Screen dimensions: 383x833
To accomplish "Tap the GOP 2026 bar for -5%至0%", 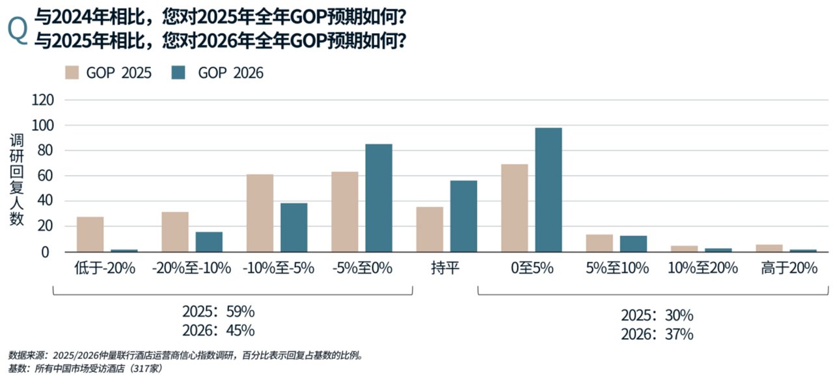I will pyautogui.click(x=379, y=198).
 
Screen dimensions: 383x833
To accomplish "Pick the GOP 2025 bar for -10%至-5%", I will pyautogui.click(x=260, y=213).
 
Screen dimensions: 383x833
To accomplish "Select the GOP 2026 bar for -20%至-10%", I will pyautogui.click(x=209, y=242).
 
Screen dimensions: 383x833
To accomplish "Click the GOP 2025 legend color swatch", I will pyautogui.click(x=72, y=72).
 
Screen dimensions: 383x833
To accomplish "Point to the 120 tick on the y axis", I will pyautogui.click(x=42, y=100).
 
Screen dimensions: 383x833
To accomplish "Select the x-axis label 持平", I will pyautogui.click(x=446, y=268).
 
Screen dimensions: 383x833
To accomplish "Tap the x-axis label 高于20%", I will pyautogui.click(x=789, y=268).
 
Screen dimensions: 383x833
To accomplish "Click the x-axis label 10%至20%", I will pyautogui.click(x=703, y=268).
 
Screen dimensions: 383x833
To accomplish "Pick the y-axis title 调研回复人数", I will pyautogui.click(x=17, y=179).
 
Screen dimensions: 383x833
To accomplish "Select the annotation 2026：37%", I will pyautogui.click(x=657, y=335).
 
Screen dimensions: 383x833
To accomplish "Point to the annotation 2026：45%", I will pyautogui.click(x=218, y=330).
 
